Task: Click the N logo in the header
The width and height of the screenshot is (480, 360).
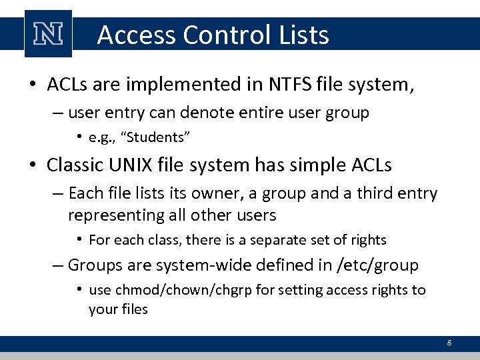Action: [x=48, y=34]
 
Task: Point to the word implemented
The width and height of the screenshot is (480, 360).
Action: [x=193, y=85]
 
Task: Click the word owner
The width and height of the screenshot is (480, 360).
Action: [x=208, y=193]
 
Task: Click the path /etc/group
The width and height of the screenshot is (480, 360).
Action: [x=377, y=265]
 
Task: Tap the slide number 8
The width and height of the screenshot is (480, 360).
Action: [x=449, y=343]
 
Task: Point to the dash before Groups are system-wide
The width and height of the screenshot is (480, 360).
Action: [x=59, y=265]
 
